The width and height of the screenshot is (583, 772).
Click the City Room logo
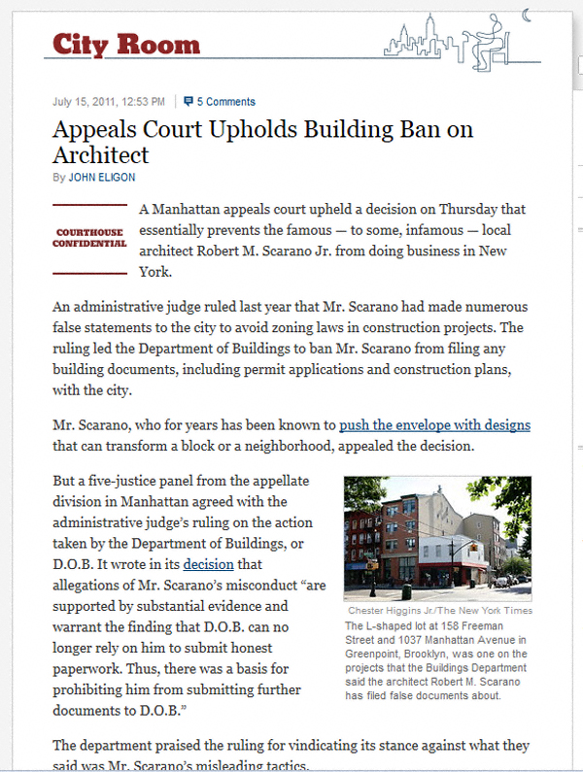[x=126, y=44]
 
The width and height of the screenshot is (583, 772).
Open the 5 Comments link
[x=226, y=101]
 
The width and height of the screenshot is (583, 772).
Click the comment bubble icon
[x=189, y=101]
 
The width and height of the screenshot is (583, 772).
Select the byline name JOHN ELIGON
[x=101, y=178]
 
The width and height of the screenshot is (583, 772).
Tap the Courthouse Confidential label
[x=90, y=237]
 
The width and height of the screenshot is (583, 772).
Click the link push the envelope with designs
[x=434, y=425]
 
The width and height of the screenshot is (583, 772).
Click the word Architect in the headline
[x=101, y=154]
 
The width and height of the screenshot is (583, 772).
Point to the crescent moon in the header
[x=528, y=14]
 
